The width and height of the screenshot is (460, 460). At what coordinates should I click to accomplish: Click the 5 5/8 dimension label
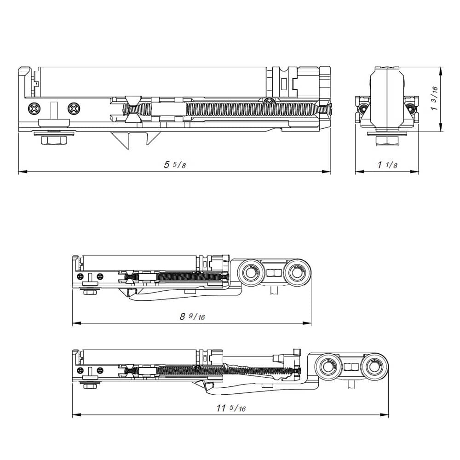[175, 165]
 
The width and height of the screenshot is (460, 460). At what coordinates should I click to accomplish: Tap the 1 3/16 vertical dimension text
[434, 99]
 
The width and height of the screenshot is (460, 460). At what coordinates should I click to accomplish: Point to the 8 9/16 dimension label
[192, 316]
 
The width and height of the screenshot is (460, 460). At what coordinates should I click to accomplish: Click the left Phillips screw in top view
[34, 109]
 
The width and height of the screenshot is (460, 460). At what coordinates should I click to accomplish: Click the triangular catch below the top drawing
[133, 138]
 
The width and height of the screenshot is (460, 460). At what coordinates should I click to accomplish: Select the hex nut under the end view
[387, 141]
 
